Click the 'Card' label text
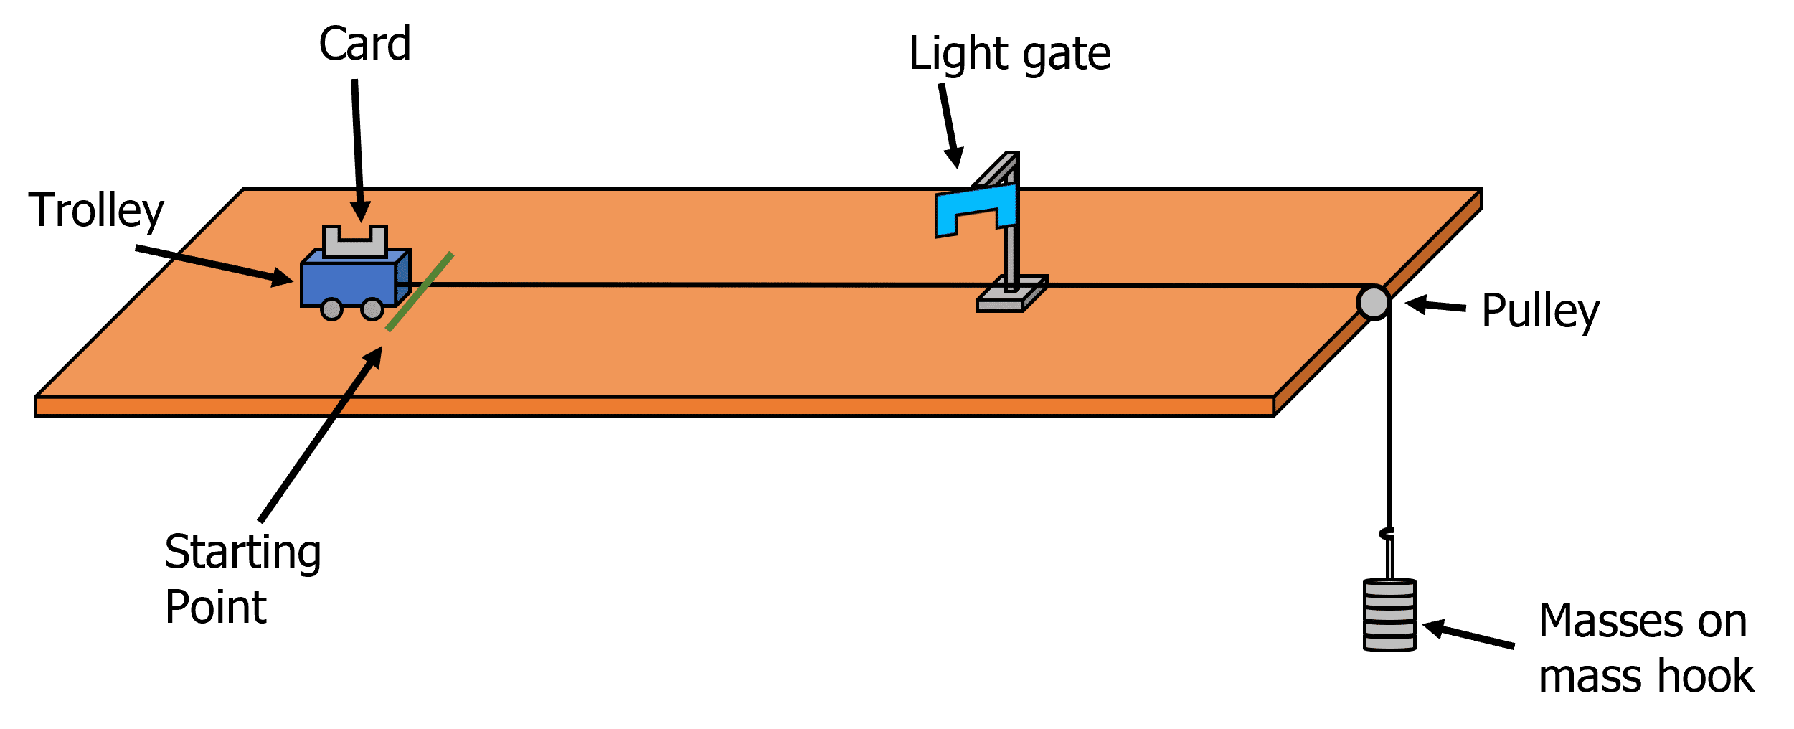click(x=364, y=44)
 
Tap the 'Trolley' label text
click(x=96, y=211)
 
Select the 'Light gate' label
click(x=1009, y=55)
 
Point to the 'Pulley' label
click(x=1540, y=311)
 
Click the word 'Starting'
click(x=242, y=552)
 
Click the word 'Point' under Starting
click(x=215, y=607)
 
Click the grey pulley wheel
click(x=1373, y=302)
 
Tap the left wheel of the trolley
click(x=331, y=309)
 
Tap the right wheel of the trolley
click(x=372, y=309)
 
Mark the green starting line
click(x=420, y=291)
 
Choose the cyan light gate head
click(x=976, y=208)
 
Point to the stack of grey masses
click(x=1389, y=615)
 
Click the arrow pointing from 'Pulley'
click(x=1435, y=306)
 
